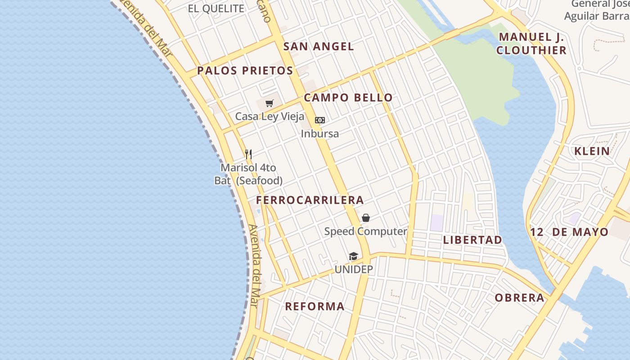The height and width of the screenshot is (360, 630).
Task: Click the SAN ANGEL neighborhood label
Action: point(318,46)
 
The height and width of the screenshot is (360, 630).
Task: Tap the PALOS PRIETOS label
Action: point(245,71)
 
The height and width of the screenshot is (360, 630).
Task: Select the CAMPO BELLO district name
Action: point(348,98)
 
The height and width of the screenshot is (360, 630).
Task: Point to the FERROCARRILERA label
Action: point(310,200)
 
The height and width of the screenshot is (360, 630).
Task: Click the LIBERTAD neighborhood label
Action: point(472,240)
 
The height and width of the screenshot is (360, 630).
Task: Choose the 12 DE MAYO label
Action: point(569,232)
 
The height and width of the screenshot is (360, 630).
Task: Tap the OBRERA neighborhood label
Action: point(519,298)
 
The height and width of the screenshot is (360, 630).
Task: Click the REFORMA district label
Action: point(315,306)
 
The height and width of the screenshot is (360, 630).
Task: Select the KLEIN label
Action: point(592,151)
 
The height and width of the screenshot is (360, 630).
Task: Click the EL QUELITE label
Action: point(216,9)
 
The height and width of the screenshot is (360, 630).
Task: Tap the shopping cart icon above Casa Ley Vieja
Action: point(269,103)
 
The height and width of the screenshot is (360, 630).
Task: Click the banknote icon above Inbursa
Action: point(319,120)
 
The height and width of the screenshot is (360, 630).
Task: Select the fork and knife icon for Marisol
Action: point(248,154)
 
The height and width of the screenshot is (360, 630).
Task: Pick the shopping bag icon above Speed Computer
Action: point(366,218)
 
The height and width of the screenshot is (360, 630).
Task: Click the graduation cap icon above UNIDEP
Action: point(353,256)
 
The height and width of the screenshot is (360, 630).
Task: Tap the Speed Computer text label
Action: point(365,231)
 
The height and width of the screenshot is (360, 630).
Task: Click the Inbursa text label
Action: point(319,134)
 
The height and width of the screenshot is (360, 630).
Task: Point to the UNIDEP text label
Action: point(353,270)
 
